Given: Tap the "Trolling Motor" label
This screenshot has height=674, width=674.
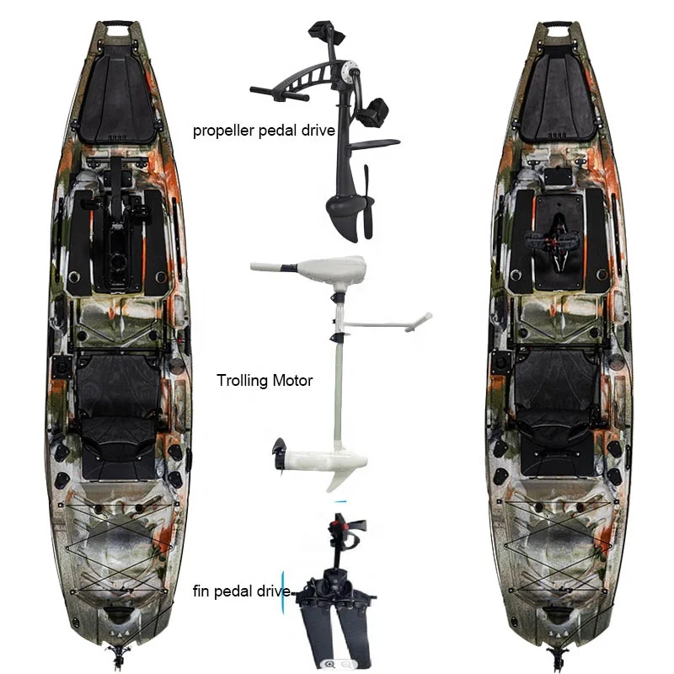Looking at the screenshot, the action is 265,381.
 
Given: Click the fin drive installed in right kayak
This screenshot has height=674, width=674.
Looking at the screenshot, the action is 557,240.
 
